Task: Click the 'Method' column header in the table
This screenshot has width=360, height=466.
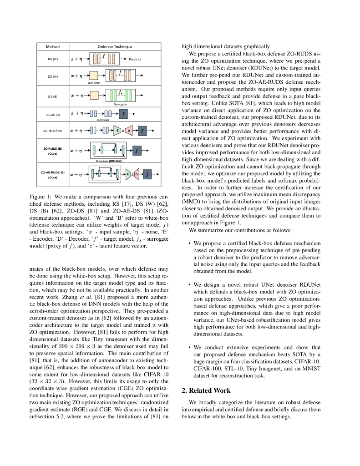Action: pyautogui.click(x=52, y=46)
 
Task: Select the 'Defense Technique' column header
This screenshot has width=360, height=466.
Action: pyautogui.click(x=115, y=46)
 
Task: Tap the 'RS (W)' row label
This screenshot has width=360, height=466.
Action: pyautogui.click(x=52, y=59)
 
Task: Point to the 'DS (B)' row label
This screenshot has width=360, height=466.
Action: pyautogui.click(x=52, y=96)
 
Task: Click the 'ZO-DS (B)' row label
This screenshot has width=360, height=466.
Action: pyautogui.click(x=52, y=115)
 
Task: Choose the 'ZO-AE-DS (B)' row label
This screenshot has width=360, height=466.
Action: pyautogui.click(x=52, y=131)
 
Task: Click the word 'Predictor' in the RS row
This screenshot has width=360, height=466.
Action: pyautogui.click(x=135, y=59)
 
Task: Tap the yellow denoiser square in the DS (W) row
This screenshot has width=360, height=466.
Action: pyautogui.click(x=94, y=76)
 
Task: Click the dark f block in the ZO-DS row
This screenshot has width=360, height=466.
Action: pyautogui.click(x=123, y=114)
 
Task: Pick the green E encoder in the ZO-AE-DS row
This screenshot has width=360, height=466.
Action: pyautogui.click(x=118, y=131)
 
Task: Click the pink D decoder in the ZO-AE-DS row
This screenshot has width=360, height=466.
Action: pyautogui.click(x=129, y=131)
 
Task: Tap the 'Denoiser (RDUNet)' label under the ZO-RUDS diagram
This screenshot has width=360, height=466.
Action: pyautogui.click(x=109, y=161)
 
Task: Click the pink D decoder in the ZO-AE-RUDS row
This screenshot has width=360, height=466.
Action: pyautogui.click(x=135, y=174)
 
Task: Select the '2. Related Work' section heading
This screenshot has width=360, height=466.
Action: pyautogui.click(x=206, y=390)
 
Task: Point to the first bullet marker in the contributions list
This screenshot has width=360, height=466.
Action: pyautogui.click(x=189, y=244)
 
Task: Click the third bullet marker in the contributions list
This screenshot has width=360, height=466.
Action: pyautogui.click(x=189, y=348)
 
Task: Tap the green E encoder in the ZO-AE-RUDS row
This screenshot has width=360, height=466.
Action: pyautogui.click(x=128, y=174)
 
